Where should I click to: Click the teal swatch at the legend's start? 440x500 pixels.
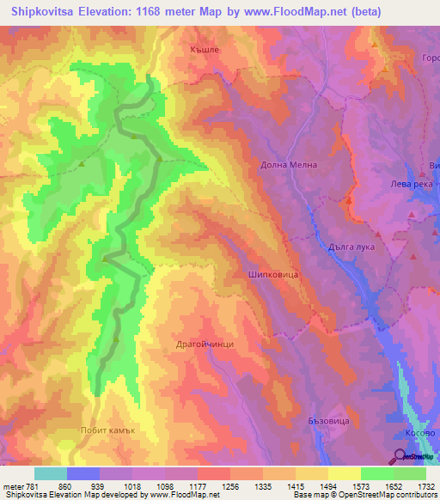(51, 473)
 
